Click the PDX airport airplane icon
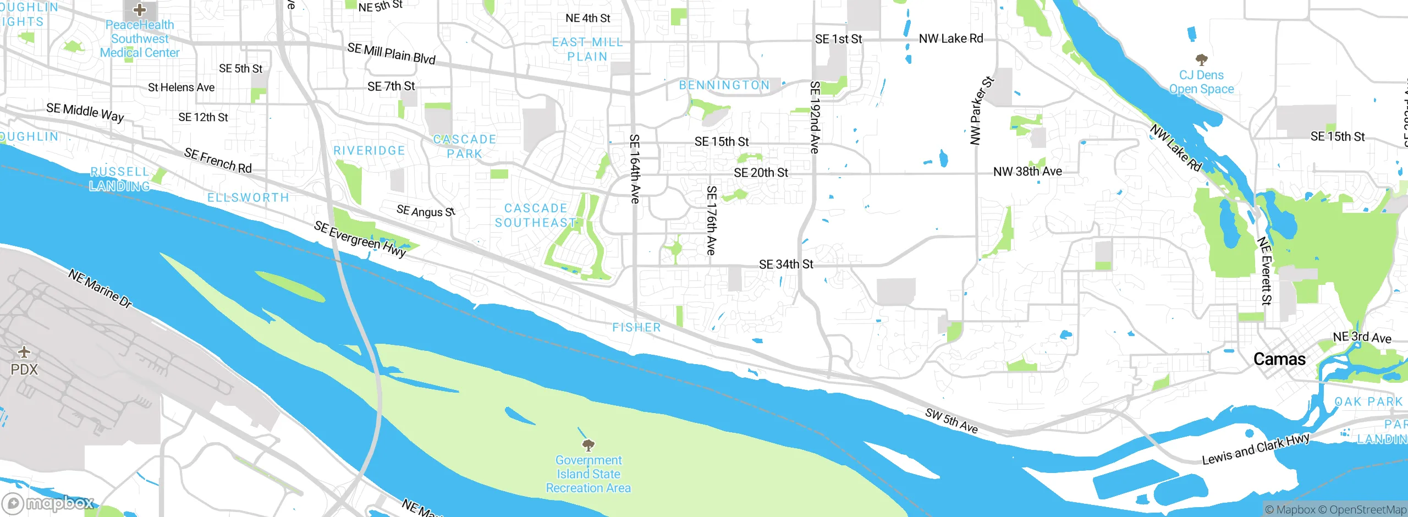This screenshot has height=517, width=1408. click(x=24, y=352)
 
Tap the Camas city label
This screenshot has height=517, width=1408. click(x=1279, y=360)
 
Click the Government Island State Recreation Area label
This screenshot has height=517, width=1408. click(x=588, y=474)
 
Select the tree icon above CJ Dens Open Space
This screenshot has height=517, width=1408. click(x=1201, y=59)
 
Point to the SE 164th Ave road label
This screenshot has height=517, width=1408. click(x=634, y=169)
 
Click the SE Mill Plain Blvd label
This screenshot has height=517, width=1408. click(x=391, y=54)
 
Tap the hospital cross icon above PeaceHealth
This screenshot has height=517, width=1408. click(x=140, y=9)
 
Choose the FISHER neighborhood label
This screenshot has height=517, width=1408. click(x=636, y=328)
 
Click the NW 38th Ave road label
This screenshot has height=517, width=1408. click(x=1027, y=172)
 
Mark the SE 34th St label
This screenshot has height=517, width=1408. click(x=785, y=265)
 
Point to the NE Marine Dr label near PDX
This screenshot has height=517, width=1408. click(x=100, y=288)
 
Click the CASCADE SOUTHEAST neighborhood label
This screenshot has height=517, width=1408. click(x=536, y=216)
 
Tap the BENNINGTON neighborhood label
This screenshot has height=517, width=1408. click(x=724, y=85)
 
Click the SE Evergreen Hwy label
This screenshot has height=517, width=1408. click(x=360, y=239)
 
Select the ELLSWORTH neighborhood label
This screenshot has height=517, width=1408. click(x=248, y=198)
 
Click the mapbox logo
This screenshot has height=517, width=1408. click(x=48, y=503)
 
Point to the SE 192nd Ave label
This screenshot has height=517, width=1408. click(x=815, y=117)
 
